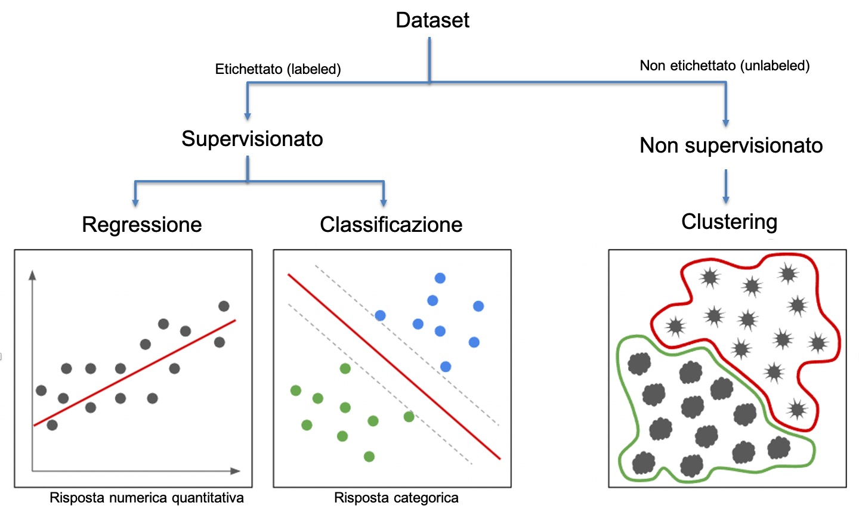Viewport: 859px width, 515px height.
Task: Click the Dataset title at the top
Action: [432, 20]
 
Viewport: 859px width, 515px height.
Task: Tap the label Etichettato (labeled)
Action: [278, 69]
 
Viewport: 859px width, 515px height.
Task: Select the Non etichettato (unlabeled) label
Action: [724, 66]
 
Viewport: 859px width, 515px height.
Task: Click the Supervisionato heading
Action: [252, 139]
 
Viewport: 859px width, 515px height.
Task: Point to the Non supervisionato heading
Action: [731, 145]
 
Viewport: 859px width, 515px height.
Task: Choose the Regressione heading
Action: [142, 225]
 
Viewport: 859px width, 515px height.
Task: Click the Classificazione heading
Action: [391, 225]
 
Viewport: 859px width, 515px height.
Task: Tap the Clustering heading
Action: [729, 222]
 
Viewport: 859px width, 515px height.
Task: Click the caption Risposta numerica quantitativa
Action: [146, 498]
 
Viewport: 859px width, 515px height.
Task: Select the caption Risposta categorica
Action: [396, 498]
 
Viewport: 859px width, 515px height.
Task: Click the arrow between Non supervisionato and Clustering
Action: [725, 187]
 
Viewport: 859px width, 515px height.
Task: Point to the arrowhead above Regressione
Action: [135, 202]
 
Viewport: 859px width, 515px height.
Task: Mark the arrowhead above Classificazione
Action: [383, 202]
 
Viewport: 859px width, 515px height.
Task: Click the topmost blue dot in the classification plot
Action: [440, 278]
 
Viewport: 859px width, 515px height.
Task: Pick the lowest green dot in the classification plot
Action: [369, 457]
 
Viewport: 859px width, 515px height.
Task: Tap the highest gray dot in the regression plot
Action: [224, 306]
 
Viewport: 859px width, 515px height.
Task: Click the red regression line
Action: [134, 373]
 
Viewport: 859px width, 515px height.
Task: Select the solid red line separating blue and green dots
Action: [394, 367]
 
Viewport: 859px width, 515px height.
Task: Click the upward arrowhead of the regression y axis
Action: [32, 275]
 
